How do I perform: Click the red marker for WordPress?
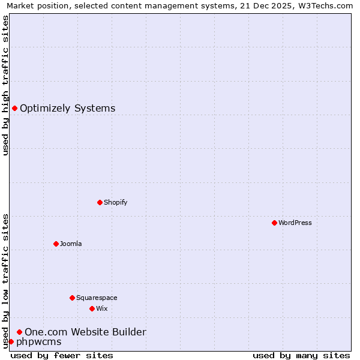click(274, 223)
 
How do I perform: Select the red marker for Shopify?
click(100, 202)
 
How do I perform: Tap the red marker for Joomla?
click(56, 244)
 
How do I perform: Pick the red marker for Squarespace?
click(72, 298)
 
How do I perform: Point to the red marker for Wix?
click(92, 308)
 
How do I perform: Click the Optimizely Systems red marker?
click(14, 108)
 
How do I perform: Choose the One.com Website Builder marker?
click(19, 332)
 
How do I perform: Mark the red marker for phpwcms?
click(11, 341)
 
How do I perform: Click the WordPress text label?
click(295, 223)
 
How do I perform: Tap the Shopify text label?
click(116, 202)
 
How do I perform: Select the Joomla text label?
click(71, 244)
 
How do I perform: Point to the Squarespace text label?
click(97, 298)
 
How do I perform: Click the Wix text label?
click(101, 308)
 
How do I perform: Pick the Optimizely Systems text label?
click(68, 109)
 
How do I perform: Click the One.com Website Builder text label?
click(85, 332)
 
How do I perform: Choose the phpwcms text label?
click(39, 342)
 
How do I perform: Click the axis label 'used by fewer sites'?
click(62, 355)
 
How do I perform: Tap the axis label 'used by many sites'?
click(301, 355)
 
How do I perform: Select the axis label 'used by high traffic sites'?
click(5, 85)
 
